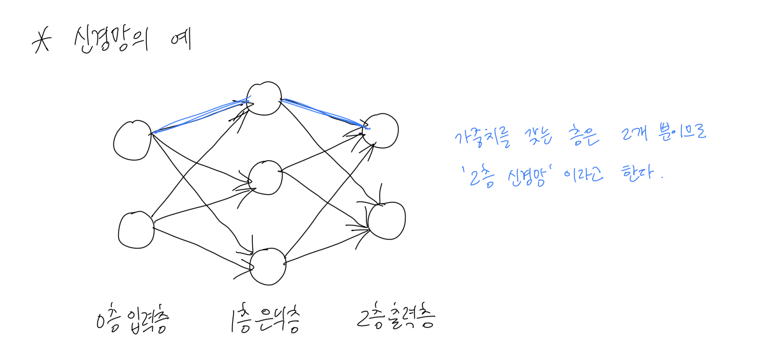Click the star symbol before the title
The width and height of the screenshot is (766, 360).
tap(41, 43)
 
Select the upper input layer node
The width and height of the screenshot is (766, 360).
tap(132, 139)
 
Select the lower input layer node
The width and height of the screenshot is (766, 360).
tap(136, 230)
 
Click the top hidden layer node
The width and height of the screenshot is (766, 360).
tap(264, 98)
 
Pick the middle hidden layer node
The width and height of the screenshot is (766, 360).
tap(265, 177)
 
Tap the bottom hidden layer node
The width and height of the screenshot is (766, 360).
tap(268, 266)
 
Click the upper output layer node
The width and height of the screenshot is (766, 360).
tap(380, 130)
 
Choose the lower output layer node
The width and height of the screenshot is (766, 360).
tap(386, 220)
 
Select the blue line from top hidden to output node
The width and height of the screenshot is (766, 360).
tap(322, 112)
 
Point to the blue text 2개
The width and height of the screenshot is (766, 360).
tap(629, 135)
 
